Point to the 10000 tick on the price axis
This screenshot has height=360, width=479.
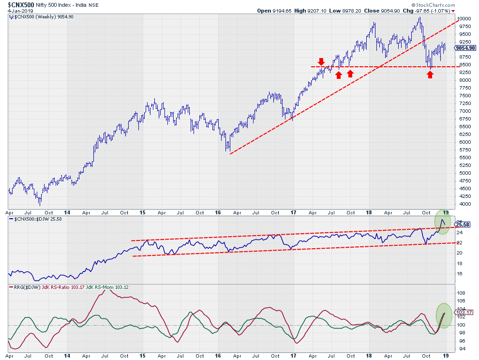[x=464, y=19]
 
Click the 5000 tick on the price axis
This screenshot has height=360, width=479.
[x=463, y=173]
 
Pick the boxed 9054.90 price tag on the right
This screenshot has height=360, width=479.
[x=466, y=47]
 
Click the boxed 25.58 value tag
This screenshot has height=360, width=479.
[x=464, y=225]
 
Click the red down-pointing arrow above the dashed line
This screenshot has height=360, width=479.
[x=321, y=62]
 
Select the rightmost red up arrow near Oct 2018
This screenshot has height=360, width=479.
[x=430, y=74]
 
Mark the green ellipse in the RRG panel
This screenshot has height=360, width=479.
[x=445, y=315]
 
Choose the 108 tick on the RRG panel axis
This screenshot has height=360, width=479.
[x=462, y=293]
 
